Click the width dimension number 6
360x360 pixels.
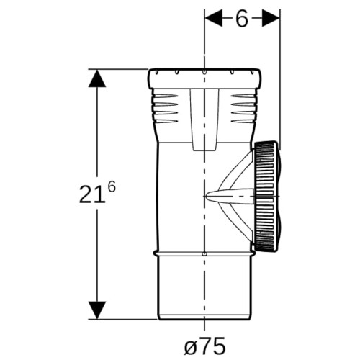(x=242, y=19)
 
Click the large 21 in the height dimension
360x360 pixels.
(x=93, y=194)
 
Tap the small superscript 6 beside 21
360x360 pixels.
(x=112, y=186)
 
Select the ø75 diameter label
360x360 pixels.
(x=204, y=346)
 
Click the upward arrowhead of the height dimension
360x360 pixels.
(x=97, y=78)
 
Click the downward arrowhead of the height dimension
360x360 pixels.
(x=97, y=310)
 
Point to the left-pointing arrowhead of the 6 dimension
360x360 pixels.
(x=213, y=18)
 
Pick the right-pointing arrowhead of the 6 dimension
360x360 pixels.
(x=271, y=18)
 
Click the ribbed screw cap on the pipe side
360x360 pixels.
(x=266, y=197)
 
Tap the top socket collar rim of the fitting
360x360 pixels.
(x=204, y=78)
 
